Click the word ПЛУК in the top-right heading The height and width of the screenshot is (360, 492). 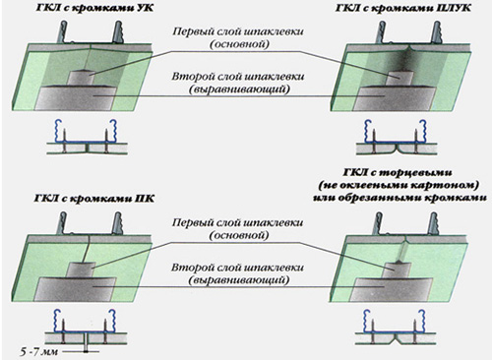point(456,8)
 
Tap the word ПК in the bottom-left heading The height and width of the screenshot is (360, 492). point(145,199)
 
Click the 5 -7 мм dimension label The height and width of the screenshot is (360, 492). point(38,352)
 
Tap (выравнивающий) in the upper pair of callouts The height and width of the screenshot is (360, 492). point(239,90)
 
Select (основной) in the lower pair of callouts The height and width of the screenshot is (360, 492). point(239,235)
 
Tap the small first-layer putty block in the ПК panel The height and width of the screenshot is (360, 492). point(82,270)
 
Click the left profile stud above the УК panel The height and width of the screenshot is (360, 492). point(63,31)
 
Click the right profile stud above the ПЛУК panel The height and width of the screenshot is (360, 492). point(437,32)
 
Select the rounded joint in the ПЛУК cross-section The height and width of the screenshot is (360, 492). point(397,150)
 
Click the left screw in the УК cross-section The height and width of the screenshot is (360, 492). point(64,142)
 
